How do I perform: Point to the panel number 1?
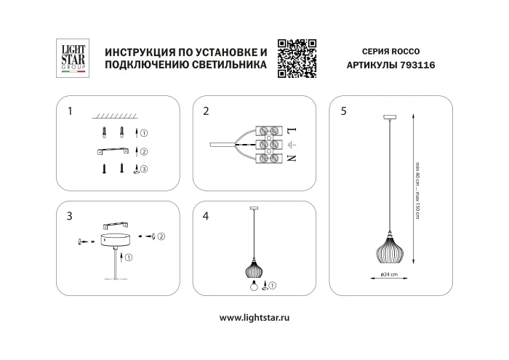[x=69, y=111]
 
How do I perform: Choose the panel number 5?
[x=343, y=111]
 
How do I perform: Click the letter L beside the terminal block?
[x=292, y=132]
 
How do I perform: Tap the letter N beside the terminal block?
[x=292, y=157]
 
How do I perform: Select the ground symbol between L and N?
[x=292, y=144]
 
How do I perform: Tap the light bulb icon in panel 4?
[x=255, y=285]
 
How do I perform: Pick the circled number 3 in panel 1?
[x=144, y=169]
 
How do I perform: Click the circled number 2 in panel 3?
[x=161, y=236]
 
